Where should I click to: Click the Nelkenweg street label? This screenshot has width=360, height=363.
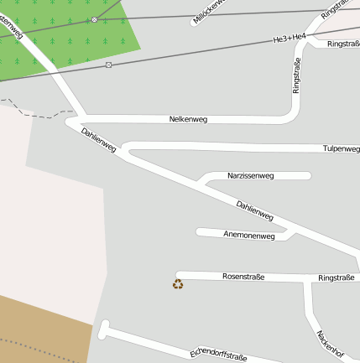pos(188,119)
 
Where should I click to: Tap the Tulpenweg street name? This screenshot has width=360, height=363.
pos(341,148)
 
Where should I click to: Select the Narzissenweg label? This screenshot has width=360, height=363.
pos(251,176)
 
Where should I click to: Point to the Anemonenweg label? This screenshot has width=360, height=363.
pos(249,236)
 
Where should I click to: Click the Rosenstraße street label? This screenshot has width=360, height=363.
pos(243,276)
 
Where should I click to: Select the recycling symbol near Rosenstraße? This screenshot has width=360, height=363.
pos(178,284)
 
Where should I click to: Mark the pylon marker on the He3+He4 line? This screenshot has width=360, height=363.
pos(109,65)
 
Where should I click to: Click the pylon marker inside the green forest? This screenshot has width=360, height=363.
pos(94,19)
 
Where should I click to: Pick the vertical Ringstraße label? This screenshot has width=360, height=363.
pos(296,75)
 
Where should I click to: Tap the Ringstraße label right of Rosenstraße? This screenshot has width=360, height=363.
pos(337,277)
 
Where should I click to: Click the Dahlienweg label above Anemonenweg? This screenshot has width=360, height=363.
pos(255,210)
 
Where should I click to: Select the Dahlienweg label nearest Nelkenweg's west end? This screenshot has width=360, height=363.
pos(98,140)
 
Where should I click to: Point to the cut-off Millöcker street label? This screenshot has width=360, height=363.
pos(210,11)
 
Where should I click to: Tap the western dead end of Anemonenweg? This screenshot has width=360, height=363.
pos(199,231)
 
